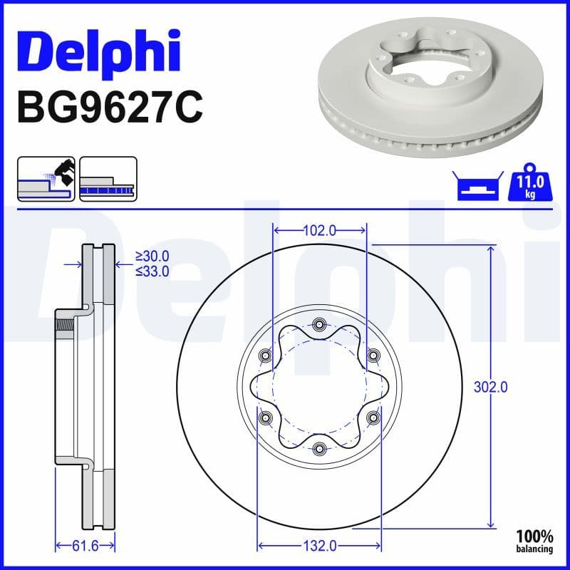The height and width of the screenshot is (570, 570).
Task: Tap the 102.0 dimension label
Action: [320, 230]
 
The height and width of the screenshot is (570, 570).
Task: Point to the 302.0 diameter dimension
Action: [490, 387]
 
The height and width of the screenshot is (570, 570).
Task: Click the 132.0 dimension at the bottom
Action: [320, 546]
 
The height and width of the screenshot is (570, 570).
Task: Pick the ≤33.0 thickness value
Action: [152, 271]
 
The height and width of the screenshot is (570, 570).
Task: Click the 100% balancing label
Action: [534, 541]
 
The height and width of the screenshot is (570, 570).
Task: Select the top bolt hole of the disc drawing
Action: [319, 326]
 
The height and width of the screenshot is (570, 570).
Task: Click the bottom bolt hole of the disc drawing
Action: [319, 448]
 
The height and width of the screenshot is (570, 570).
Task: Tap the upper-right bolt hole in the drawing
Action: [373, 356]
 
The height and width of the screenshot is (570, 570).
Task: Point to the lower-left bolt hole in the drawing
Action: [266, 418]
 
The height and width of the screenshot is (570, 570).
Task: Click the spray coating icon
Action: [46, 179]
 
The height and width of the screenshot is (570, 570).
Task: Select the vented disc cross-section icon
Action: [108, 179]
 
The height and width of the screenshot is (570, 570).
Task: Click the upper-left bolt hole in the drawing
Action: [266, 356]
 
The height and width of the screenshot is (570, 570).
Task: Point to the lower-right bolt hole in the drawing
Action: [373, 418]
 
